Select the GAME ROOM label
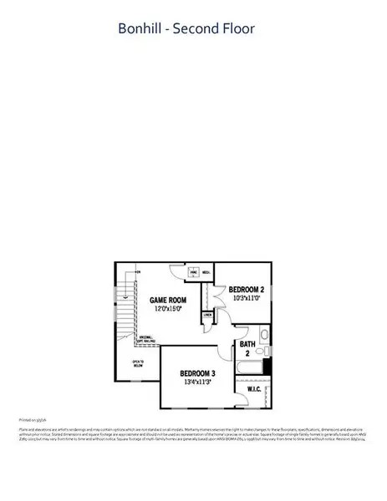(x=167, y=300)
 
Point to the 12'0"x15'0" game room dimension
(x=167, y=309)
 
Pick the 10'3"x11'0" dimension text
(x=247, y=297)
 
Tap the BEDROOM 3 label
(x=198, y=373)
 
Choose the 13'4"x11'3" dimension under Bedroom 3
(x=198, y=382)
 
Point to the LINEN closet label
(x=207, y=316)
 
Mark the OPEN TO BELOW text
(x=137, y=364)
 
